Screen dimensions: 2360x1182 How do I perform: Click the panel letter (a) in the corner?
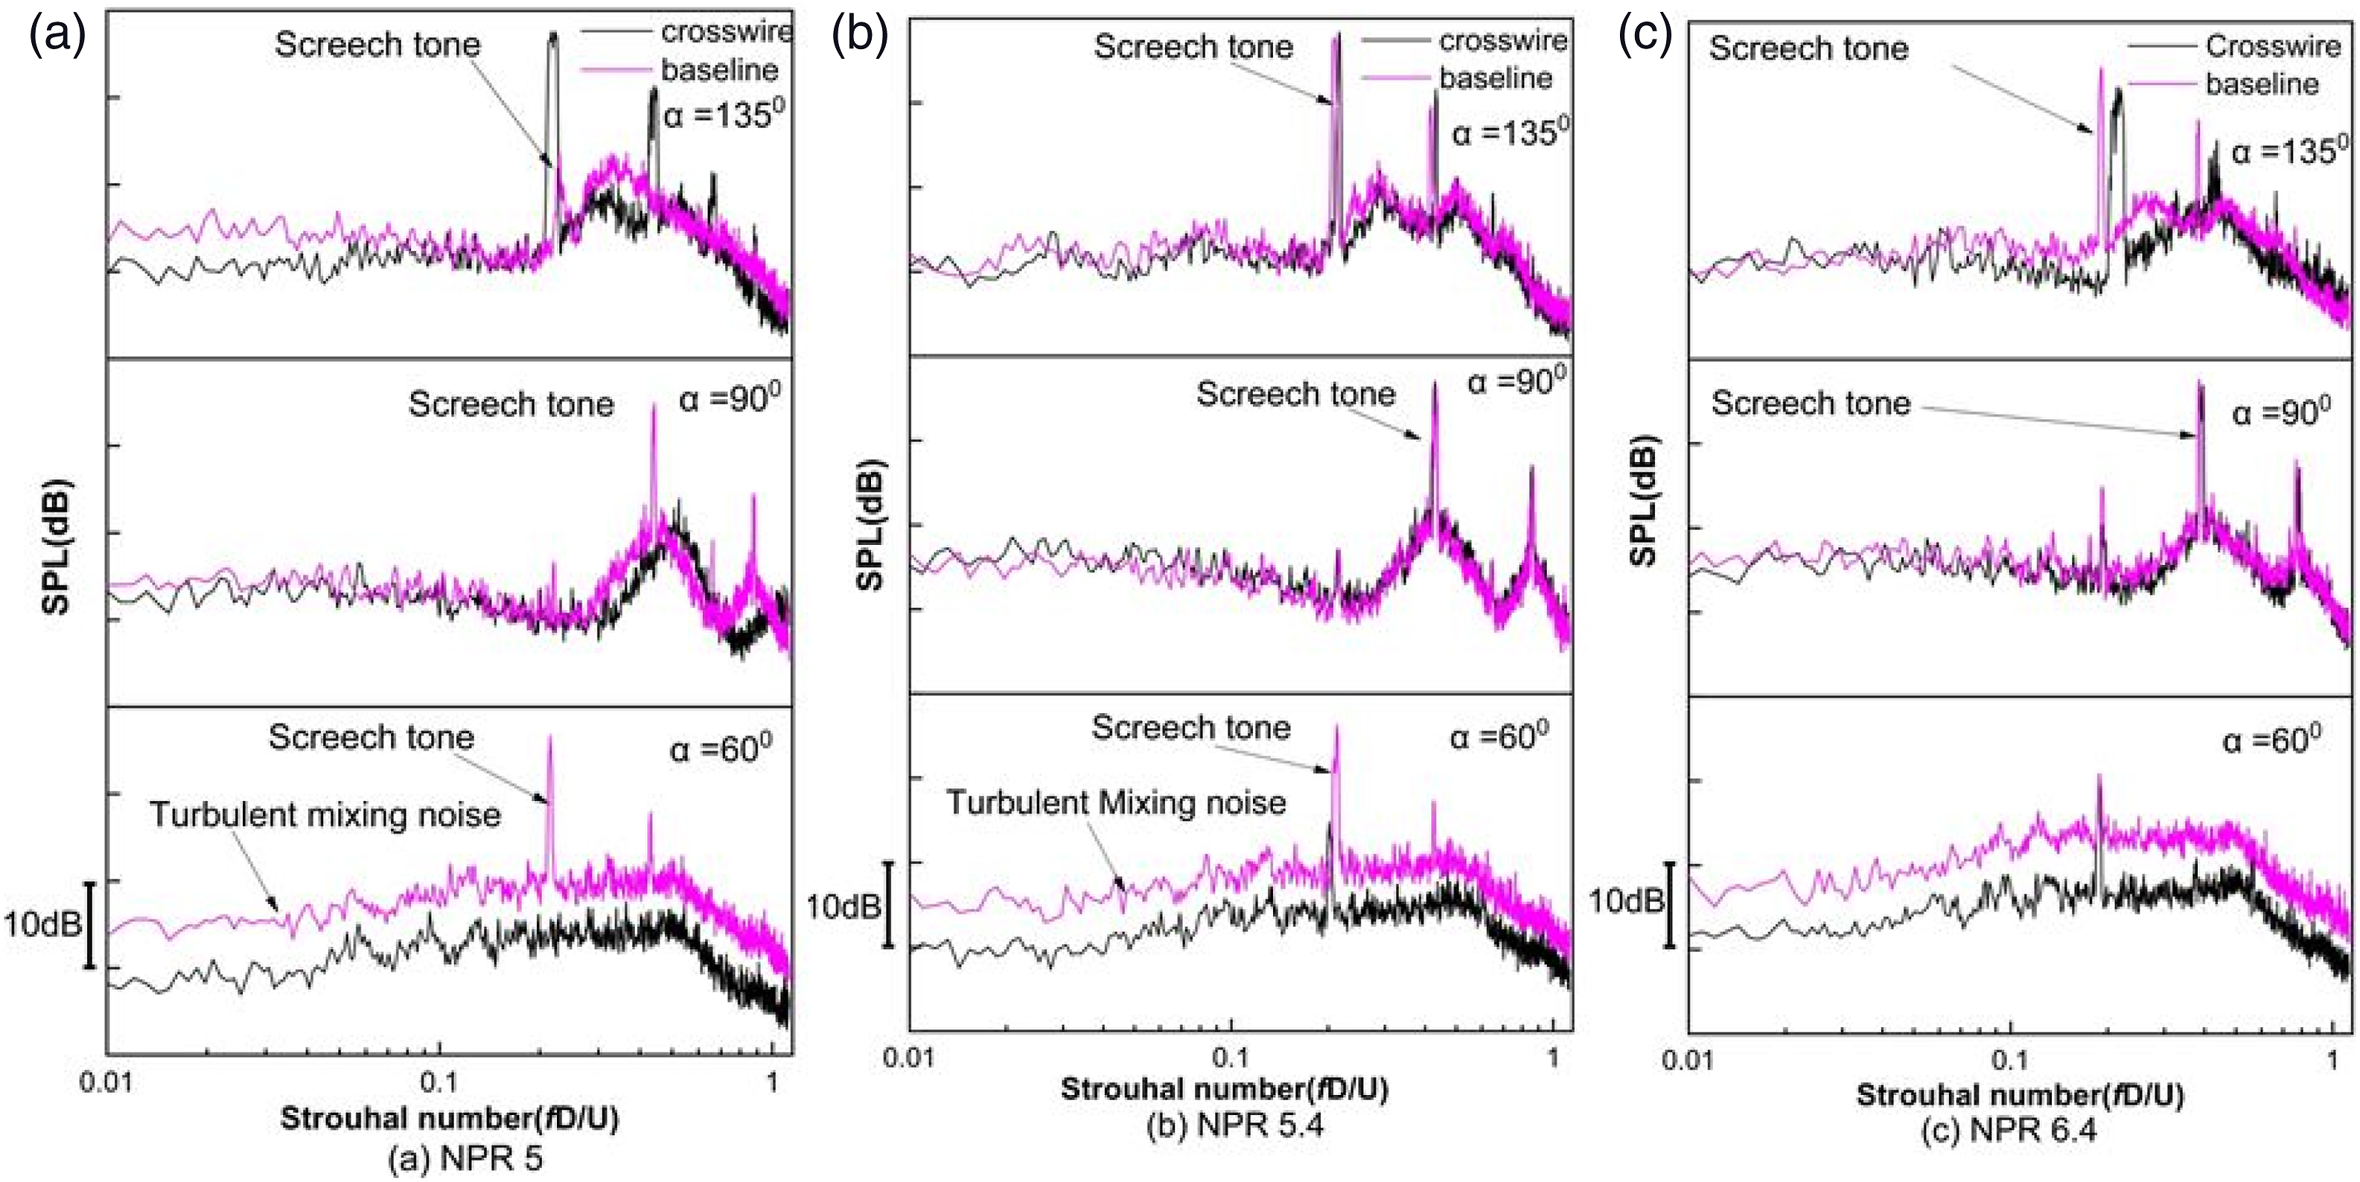58,36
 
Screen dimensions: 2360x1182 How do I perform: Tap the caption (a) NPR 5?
465,1159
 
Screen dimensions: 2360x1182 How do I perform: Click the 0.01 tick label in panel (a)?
106,1082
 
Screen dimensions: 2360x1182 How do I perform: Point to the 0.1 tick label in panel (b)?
1229,1058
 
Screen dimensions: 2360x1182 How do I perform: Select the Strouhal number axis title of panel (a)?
449,1119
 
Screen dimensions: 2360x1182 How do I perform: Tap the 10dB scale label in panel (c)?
1625,901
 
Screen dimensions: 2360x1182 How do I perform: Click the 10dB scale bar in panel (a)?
90,924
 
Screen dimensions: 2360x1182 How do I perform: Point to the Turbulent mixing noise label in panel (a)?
325,814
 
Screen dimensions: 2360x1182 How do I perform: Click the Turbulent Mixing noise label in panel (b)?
1116,802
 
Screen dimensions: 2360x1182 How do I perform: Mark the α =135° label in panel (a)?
724,115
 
